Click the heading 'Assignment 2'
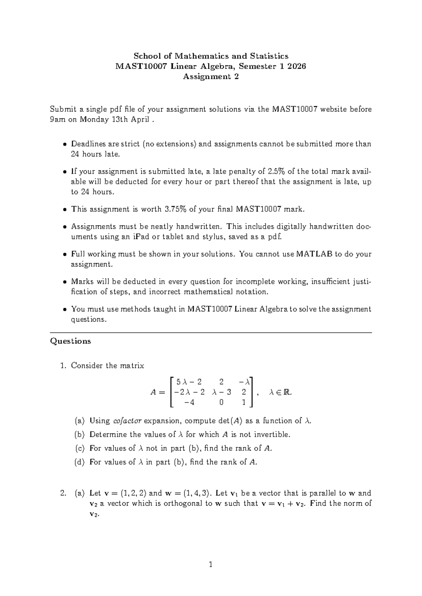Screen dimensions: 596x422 (211, 77)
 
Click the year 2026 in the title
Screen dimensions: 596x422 (296, 66)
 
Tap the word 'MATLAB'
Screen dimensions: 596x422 (314, 254)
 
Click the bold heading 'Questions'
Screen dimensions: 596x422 (71, 341)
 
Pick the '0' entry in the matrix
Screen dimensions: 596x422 (221, 403)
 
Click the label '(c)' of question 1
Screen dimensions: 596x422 (80, 448)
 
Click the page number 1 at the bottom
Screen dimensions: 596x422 (211, 565)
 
